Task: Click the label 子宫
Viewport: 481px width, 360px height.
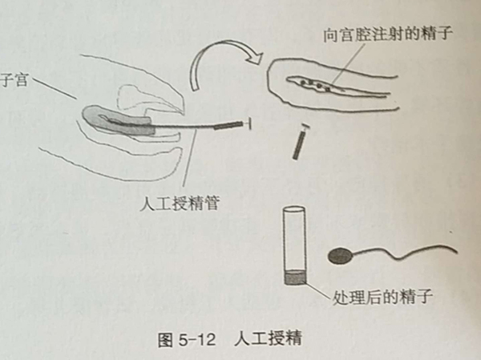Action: [14, 80]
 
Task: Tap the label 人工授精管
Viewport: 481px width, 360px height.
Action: [180, 203]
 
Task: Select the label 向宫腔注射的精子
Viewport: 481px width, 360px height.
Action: [388, 34]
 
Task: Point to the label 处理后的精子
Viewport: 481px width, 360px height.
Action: [382, 297]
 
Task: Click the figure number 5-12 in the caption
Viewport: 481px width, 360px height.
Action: [196, 339]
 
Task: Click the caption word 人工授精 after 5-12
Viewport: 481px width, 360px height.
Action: [268, 339]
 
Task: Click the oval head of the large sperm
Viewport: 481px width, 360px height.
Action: [341, 256]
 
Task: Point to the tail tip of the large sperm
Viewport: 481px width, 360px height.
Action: [457, 252]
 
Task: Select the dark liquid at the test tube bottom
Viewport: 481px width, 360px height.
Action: [295, 277]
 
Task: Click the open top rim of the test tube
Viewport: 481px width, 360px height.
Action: [294, 209]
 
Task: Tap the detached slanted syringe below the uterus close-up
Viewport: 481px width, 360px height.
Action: [300, 141]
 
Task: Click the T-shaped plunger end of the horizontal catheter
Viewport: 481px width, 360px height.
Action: [249, 123]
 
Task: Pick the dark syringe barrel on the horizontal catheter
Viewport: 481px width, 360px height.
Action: [228, 125]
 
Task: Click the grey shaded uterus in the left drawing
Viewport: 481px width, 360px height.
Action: [118, 120]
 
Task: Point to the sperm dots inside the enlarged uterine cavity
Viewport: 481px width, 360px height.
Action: [316, 85]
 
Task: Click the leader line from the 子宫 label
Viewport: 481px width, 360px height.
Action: [54, 89]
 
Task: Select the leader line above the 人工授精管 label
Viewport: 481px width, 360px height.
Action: [189, 158]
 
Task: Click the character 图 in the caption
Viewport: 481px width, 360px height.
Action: [166, 340]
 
